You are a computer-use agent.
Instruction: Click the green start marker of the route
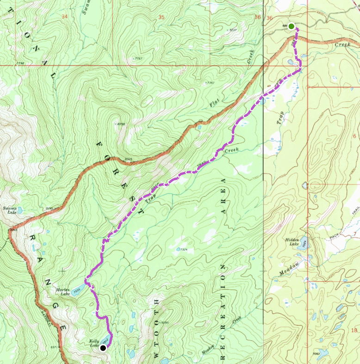pos(291,27)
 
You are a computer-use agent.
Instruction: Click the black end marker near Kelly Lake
pos(103,347)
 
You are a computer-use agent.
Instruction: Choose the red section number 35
pos(161,17)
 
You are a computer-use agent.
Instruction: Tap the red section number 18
pos(354,330)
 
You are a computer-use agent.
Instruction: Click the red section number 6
pos(354,136)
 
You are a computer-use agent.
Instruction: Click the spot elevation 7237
pos(233,30)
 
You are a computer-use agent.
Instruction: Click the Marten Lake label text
pos(62,291)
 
